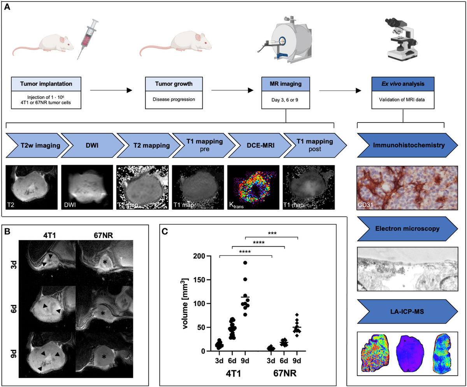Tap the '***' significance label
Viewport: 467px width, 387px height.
pos(271,234)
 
